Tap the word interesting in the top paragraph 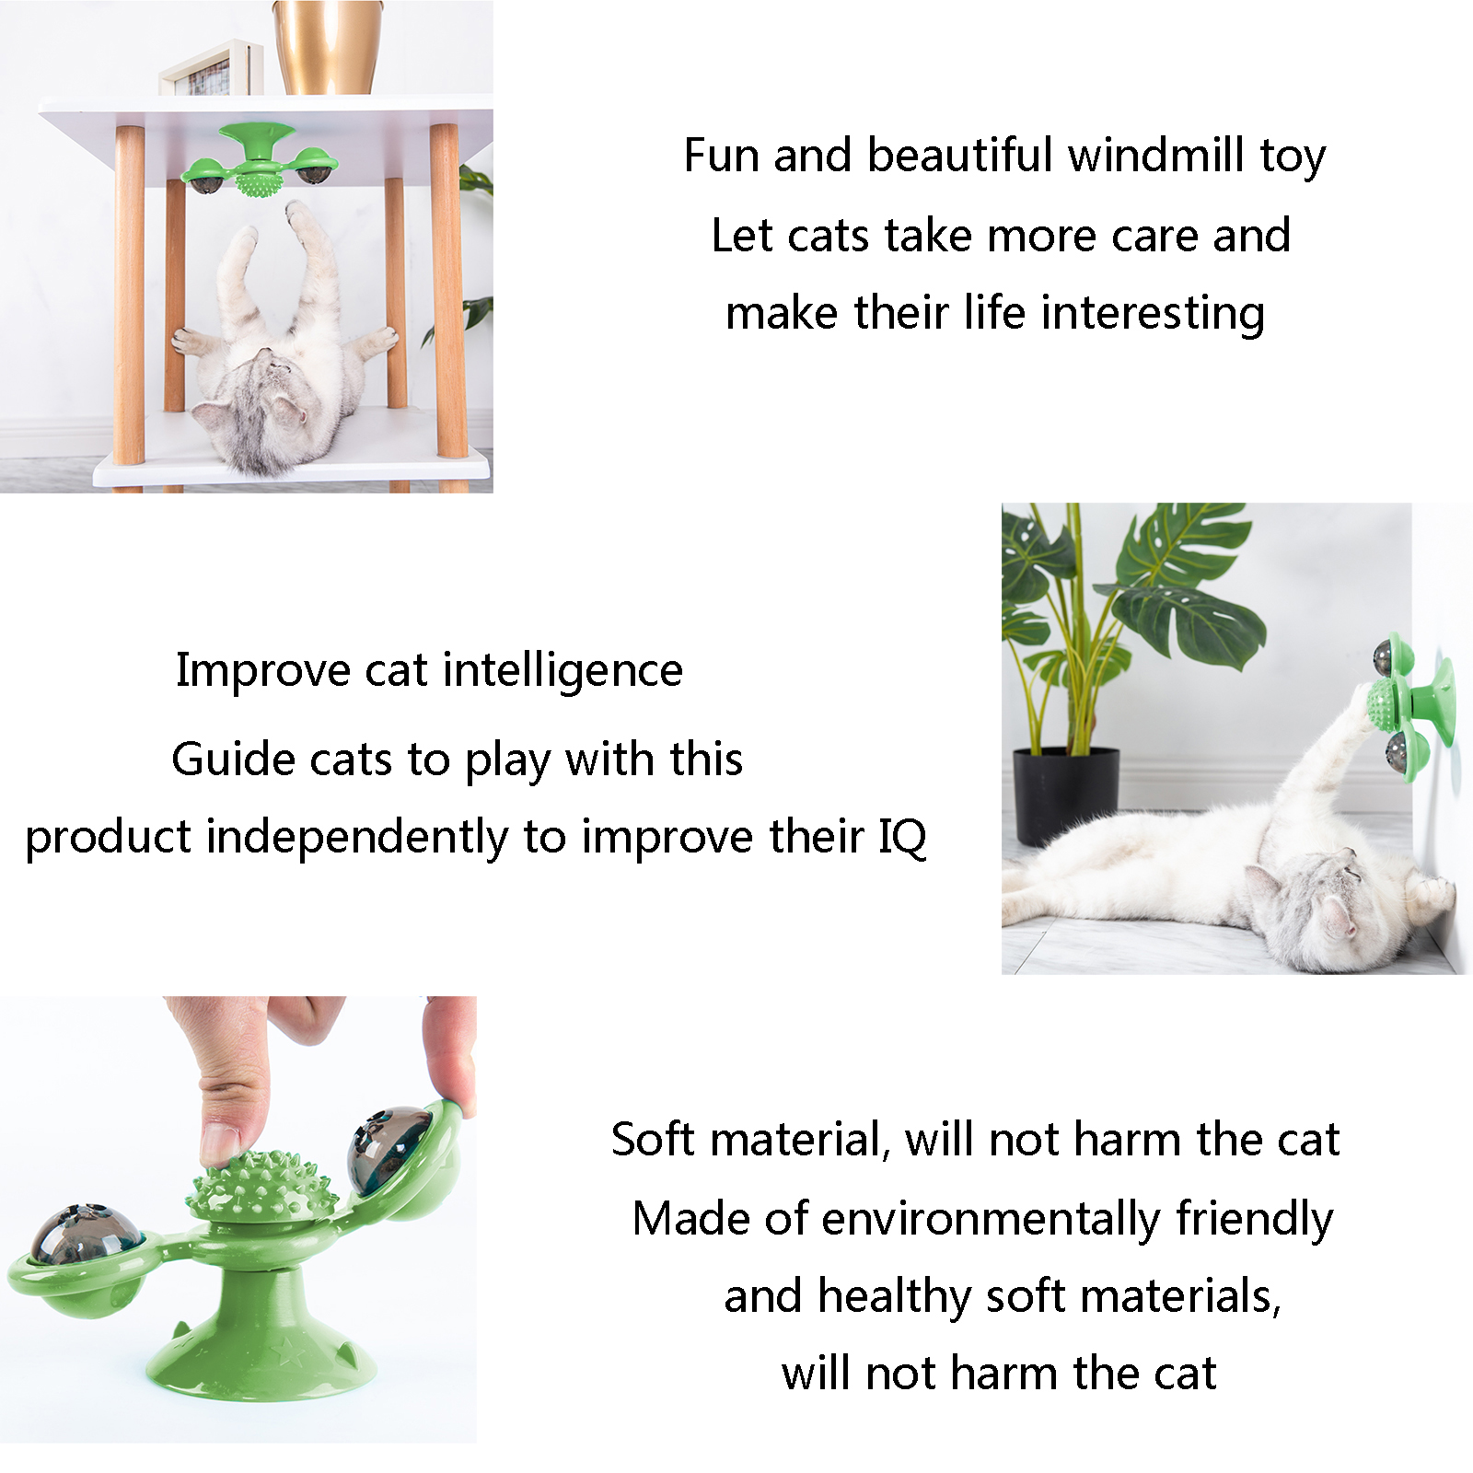pos(1154,313)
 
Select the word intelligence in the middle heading pos(563,670)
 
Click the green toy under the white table pos(260,162)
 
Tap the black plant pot pos(1066,795)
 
